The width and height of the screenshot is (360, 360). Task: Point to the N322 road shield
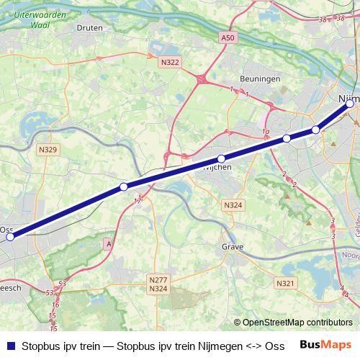click(x=171, y=63)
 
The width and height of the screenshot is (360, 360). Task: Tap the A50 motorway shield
click(x=228, y=37)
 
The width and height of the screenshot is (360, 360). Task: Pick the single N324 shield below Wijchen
click(x=233, y=206)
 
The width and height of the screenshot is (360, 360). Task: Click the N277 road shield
click(x=158, y=279)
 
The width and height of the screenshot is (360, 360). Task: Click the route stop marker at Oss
click(x=10, y=235)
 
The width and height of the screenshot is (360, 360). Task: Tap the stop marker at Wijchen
click(x=221, y=158)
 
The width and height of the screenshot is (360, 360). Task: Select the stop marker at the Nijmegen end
click(x=350, y=104)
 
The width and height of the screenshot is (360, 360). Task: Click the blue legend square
click(x=9, y=345)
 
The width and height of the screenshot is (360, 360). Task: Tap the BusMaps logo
click(x=325, y=345)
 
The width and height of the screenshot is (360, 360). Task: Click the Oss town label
click(x=6, y=230)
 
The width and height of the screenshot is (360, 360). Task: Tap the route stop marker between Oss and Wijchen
click(x=124, y=186)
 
